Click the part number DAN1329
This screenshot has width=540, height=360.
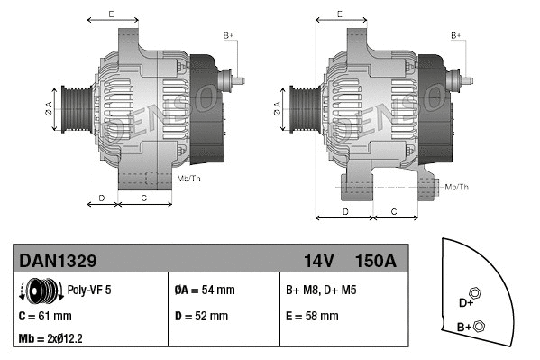coord(58,261)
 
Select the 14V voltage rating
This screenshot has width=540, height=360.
coord(319,261)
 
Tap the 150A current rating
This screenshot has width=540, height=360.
coord(375,261)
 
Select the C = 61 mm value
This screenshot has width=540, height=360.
coord(45,316)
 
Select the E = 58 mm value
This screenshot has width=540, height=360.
coord(312,316)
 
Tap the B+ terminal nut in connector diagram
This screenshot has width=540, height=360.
coord(479,326)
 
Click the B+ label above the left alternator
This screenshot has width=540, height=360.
coord(229,35)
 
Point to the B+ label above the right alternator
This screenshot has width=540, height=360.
coord(456,35)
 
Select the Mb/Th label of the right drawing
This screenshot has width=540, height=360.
coord(457,187)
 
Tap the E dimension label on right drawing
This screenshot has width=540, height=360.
coord(339,14)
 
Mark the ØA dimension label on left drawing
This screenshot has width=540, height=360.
coord(50,109)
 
